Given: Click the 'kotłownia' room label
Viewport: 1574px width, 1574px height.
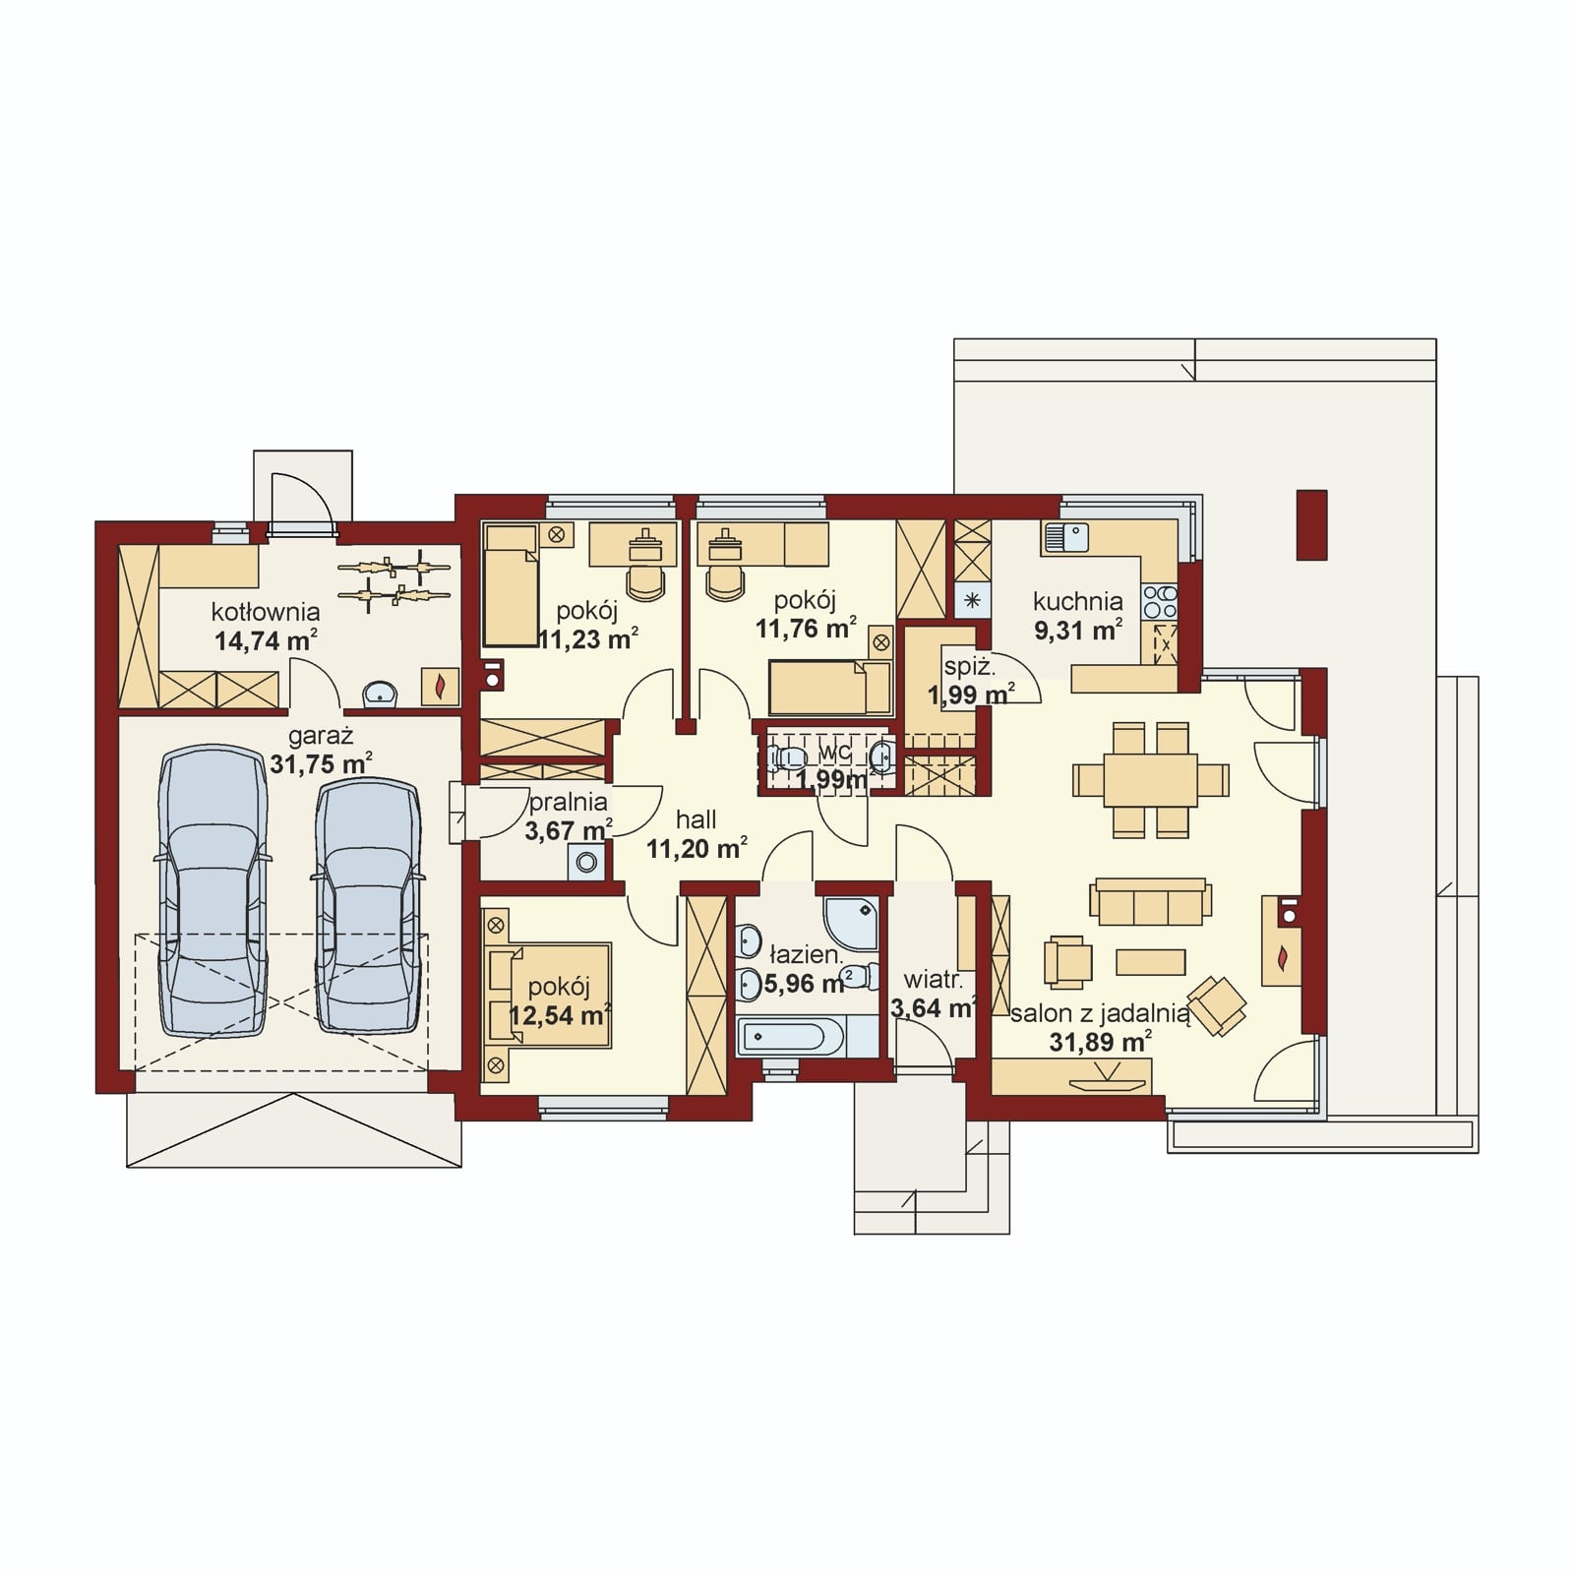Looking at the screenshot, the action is tap(265, 613).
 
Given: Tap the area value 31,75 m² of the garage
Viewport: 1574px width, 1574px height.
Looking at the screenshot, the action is tap(321, 763).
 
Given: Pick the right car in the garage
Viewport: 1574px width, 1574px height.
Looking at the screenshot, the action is tap(368, 905).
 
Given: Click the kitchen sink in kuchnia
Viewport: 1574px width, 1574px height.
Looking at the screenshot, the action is tap(1066, 538).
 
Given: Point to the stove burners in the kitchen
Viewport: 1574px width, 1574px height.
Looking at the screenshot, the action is tap(1159, 601).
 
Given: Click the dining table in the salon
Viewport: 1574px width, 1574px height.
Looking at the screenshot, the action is tap(1150, 780).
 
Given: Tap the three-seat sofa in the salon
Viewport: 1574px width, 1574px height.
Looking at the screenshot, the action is tap(1150, 902).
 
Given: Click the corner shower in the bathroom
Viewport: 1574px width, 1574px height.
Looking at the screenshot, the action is tap(853, 923).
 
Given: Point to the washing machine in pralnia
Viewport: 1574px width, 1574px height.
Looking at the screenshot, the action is tap(587, 863).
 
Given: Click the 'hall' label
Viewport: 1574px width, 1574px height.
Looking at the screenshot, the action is tap(696, 819).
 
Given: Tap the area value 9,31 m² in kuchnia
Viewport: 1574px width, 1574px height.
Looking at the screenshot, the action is tap(1078, 630).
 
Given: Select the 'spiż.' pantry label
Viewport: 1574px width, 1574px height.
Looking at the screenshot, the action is tap(969, 666).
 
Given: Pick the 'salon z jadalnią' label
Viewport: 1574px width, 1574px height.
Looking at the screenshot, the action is tap(1100, 1013).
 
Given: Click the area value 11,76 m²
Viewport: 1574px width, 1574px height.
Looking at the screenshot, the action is tap(805, 628).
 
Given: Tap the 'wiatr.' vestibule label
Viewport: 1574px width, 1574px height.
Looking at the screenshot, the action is tap(933, 980).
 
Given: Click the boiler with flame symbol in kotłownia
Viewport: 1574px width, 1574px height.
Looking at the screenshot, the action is tap(440, 686).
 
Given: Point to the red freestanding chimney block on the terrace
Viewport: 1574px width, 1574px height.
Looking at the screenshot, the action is tap(1311, 524).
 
